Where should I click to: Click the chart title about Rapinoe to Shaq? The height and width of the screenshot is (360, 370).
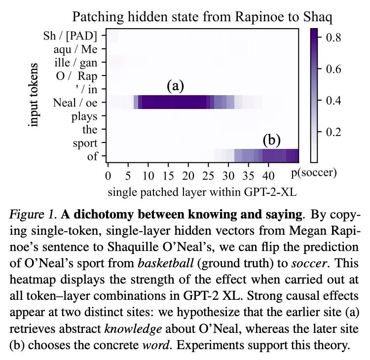point(202,17)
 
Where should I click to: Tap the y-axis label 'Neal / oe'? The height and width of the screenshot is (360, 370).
point(75,103)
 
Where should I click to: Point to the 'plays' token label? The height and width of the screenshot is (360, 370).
point(84,116)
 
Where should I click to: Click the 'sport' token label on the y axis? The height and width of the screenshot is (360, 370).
point(85,144)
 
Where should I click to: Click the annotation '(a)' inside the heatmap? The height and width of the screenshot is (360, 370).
point(175,86)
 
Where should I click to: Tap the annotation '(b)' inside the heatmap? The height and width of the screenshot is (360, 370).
point(271,141)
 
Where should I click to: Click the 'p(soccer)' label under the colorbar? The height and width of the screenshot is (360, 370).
point(315,173)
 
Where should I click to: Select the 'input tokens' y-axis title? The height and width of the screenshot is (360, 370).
point(34,94)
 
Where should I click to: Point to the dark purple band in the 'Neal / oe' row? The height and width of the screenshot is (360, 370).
point(173,102)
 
